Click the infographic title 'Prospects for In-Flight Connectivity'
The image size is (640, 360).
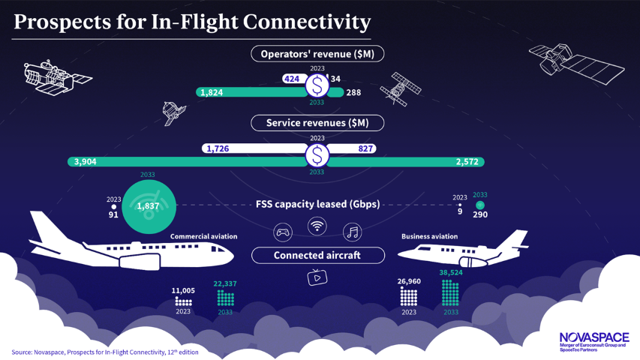pyautogui.click(x=192, y=22)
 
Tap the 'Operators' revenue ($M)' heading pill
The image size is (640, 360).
pyautogui.click(x=317, y=54)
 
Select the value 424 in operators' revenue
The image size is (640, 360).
pyautogui.click(x=292, y=79)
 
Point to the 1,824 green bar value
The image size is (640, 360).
pyautogui.click(x=210, y=92)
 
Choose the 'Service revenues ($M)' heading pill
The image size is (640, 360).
pyautogui.click(x=317, y=122)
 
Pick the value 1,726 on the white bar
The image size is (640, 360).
pyautogui.click(x=217, y=148)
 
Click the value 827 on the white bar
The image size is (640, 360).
pyautogui.click(x=365, y=148)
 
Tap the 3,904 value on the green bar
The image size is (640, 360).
pyautogui.click(x=85, y=162)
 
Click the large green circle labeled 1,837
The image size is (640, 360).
pyautogui.click(x=149, y=206)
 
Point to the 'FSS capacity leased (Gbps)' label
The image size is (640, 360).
pyautogui.click(x=317, y=205)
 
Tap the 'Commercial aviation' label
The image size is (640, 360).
pyautogui.click(x=203, y=236)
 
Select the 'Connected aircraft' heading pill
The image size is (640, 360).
pyautogui.click(x=317, y=255)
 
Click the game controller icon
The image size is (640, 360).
pyautogui.click(x=283, y=232)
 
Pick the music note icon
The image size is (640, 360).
pyautogui.click(x=352, y=232)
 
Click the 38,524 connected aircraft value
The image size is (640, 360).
pyautogui.click(x=451, y=273)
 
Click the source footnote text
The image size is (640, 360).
pyautogui.click(x=105, y=352)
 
